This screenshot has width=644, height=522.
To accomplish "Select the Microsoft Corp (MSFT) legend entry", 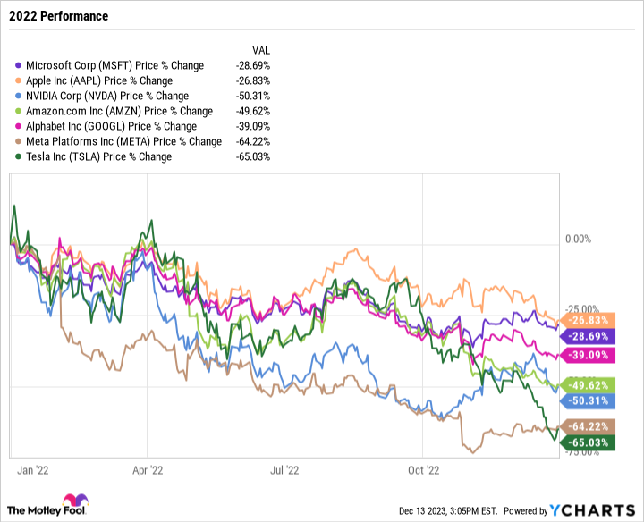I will pyautogui.click(x=114, y=65).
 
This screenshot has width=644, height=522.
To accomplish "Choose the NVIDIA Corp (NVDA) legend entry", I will pyautogui.click(x=107, y=96).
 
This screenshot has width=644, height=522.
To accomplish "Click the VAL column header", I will pyautogui.click(x=260, y=50).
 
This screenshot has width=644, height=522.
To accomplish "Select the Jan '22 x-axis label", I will pyautogui.click(x=32, y=468).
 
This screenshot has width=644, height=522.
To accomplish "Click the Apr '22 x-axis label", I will pyautogui.click(x=147, y=468).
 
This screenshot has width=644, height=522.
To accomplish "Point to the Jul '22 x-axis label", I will pyautogui.click(x=284, y=468).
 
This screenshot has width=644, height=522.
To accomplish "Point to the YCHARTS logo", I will pyautogui.click(x=590, y=509).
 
